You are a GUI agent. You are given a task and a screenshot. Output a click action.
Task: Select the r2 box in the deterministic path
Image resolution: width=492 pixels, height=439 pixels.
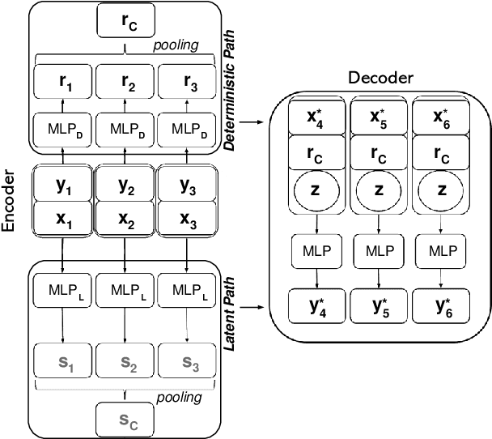(125, 82)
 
